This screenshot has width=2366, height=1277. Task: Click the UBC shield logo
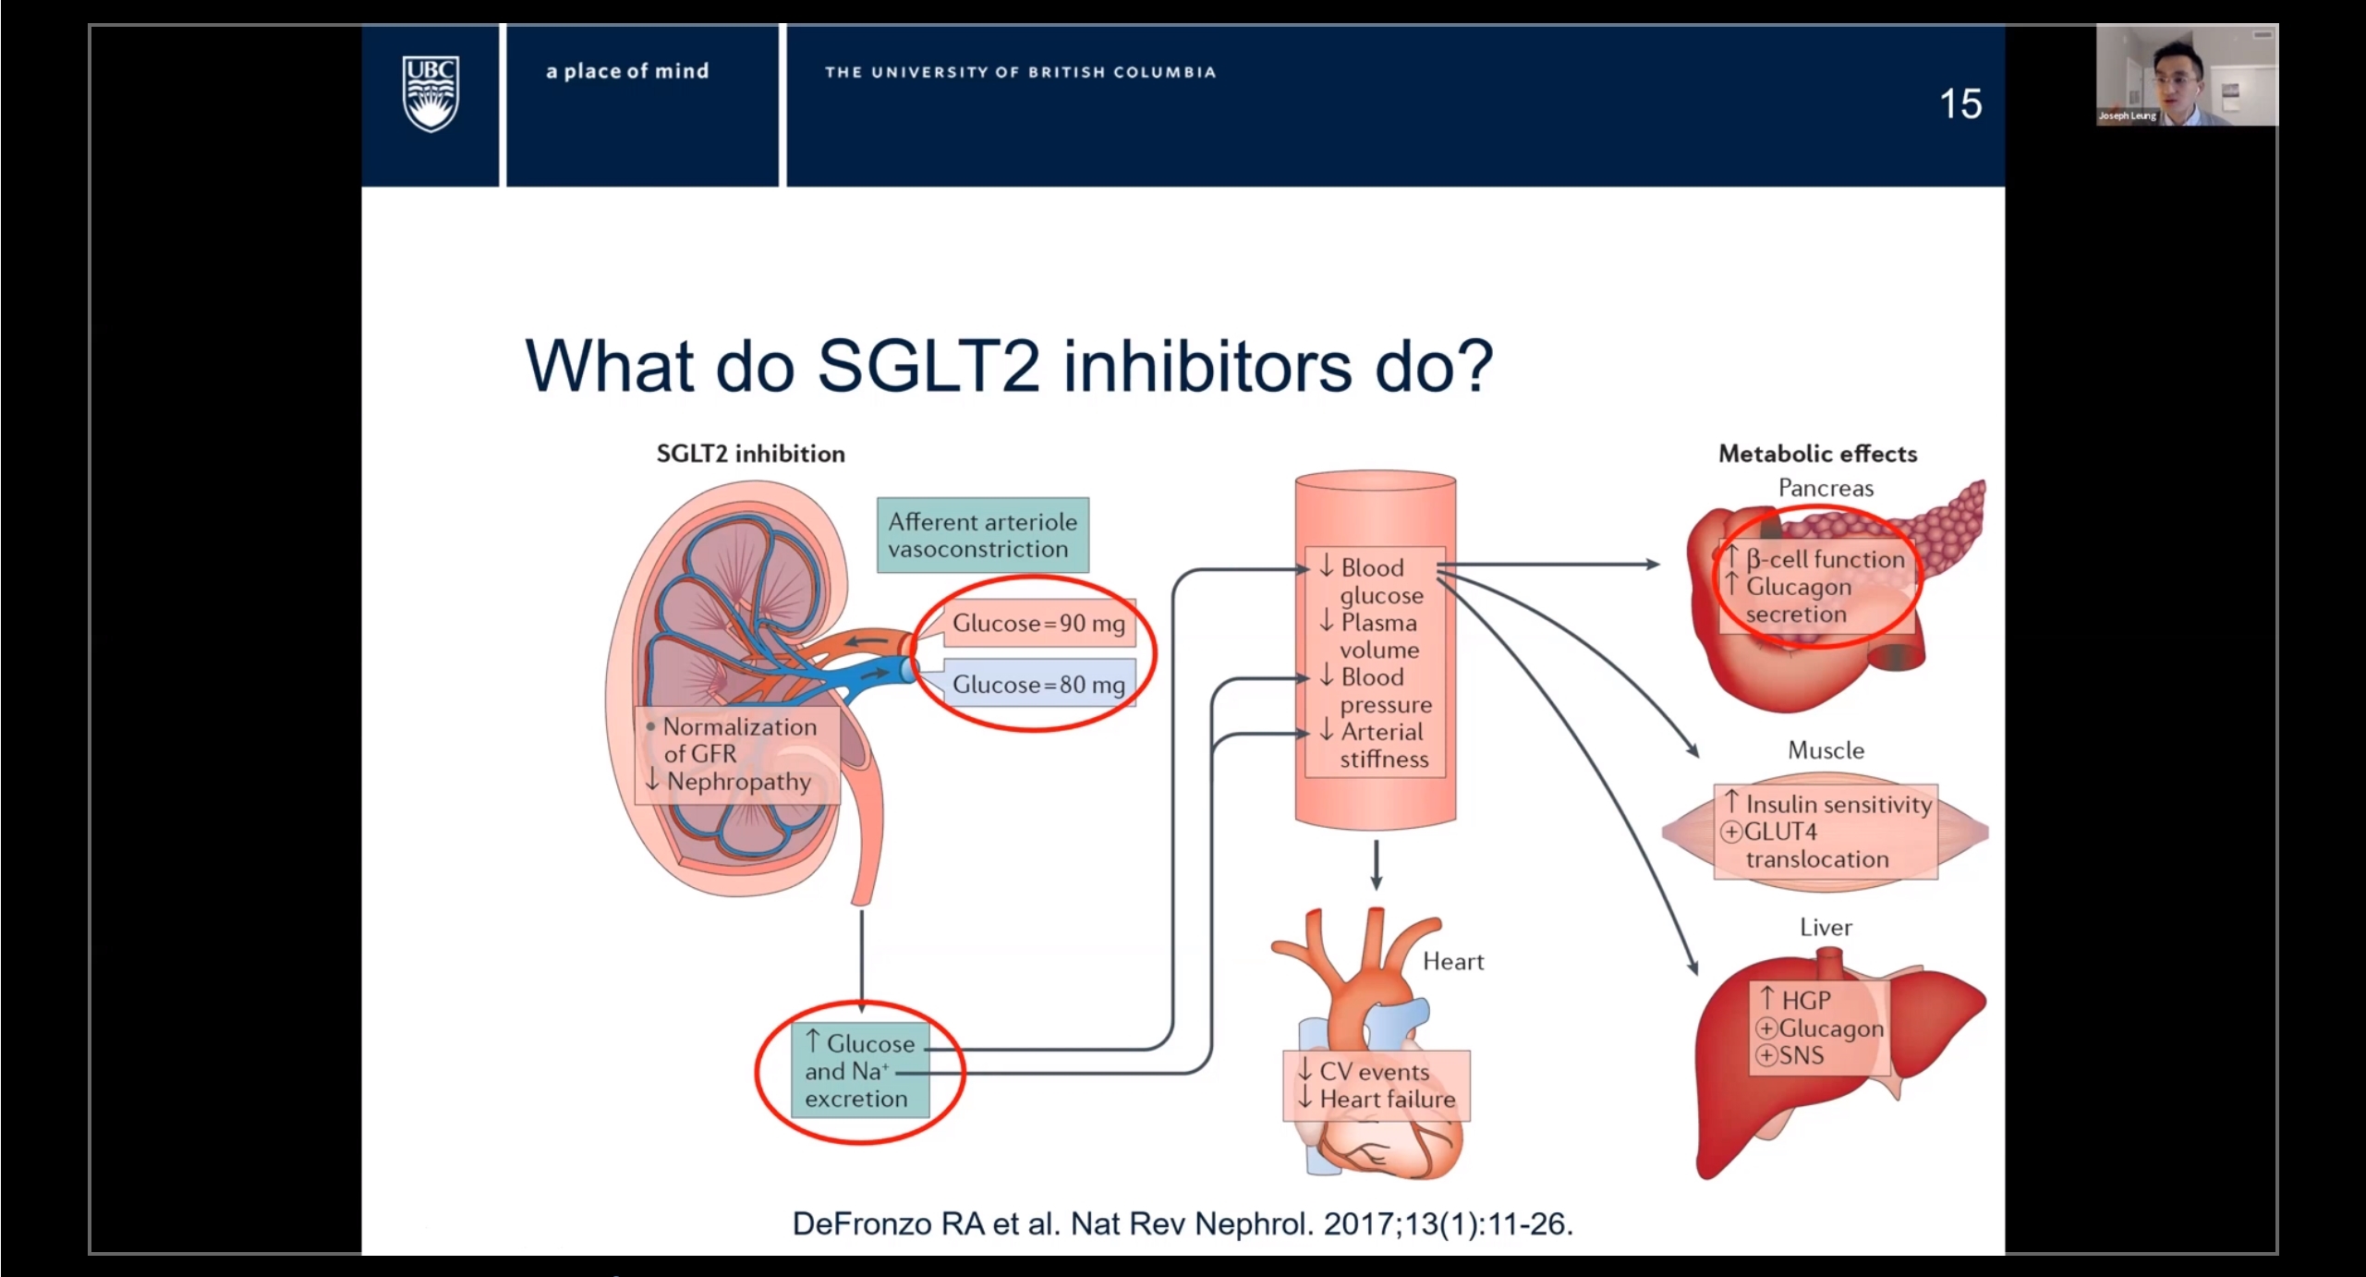tap(431, 93)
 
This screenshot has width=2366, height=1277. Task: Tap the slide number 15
tap(1960, 103)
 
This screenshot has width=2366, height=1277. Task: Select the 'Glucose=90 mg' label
tap(1038, 624)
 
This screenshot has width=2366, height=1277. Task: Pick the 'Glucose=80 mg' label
tap(1038, 685)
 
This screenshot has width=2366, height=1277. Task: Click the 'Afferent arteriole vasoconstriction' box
tap(982, 536)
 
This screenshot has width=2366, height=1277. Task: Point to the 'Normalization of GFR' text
tap(739, 739)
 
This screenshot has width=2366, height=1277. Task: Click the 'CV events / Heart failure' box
tap(1376, 1086)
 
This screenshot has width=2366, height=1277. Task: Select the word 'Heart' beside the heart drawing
tap(1452, 962)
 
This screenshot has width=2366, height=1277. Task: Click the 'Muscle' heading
tap(1826, 750)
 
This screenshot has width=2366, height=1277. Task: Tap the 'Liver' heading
tap(1826, 928)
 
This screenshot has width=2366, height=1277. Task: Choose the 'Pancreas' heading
tap(1826, 488)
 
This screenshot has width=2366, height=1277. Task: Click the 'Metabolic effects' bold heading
tap(1817, 454)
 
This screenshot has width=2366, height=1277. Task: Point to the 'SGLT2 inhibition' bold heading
tap(750, 454)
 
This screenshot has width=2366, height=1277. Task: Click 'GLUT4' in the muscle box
tap(1779, 833)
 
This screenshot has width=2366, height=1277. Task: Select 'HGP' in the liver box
tap(1805, 1001)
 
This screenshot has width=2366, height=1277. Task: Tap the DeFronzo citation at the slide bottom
tap(1183, 1224)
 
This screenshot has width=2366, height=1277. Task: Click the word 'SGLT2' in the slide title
tap(932, 366)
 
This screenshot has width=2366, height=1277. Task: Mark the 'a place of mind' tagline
tap(627, 71)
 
